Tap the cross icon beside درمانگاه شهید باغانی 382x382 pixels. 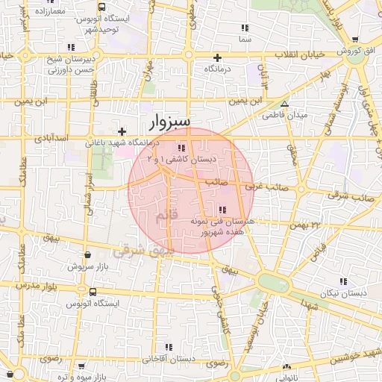pos(122,131)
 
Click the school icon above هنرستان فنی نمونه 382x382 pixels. pos(222,210)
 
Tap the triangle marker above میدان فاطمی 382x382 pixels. pos(284,104)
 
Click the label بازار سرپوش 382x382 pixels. pos(89,266)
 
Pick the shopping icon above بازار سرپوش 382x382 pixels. pos(88,254)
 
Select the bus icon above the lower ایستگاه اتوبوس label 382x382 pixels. pos(93,292)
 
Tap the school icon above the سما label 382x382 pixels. pos(245,28)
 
